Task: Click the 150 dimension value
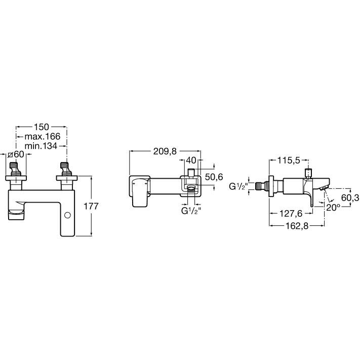coord(42,127)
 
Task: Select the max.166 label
coord(43,136)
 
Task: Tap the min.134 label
coord(41,146)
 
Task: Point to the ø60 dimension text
coord(16,154)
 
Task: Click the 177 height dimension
coord(91,206)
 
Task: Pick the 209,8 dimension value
coord(165,151)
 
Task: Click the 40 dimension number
coord(191,161)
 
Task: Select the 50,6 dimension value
coord(214,177)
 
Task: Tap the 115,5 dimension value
coord(289,161)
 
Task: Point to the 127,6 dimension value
coord(291,214)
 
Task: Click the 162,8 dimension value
coord(297,226)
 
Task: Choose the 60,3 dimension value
coord(350,197)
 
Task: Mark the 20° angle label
coord(333,208)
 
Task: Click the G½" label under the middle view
coord(191,211)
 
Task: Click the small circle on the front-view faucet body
coord(67,215)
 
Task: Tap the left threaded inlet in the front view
coord(15,170)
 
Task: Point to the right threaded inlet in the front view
coord(66,170)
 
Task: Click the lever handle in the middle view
coord(139,192)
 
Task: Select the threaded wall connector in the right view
coord(262,186)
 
